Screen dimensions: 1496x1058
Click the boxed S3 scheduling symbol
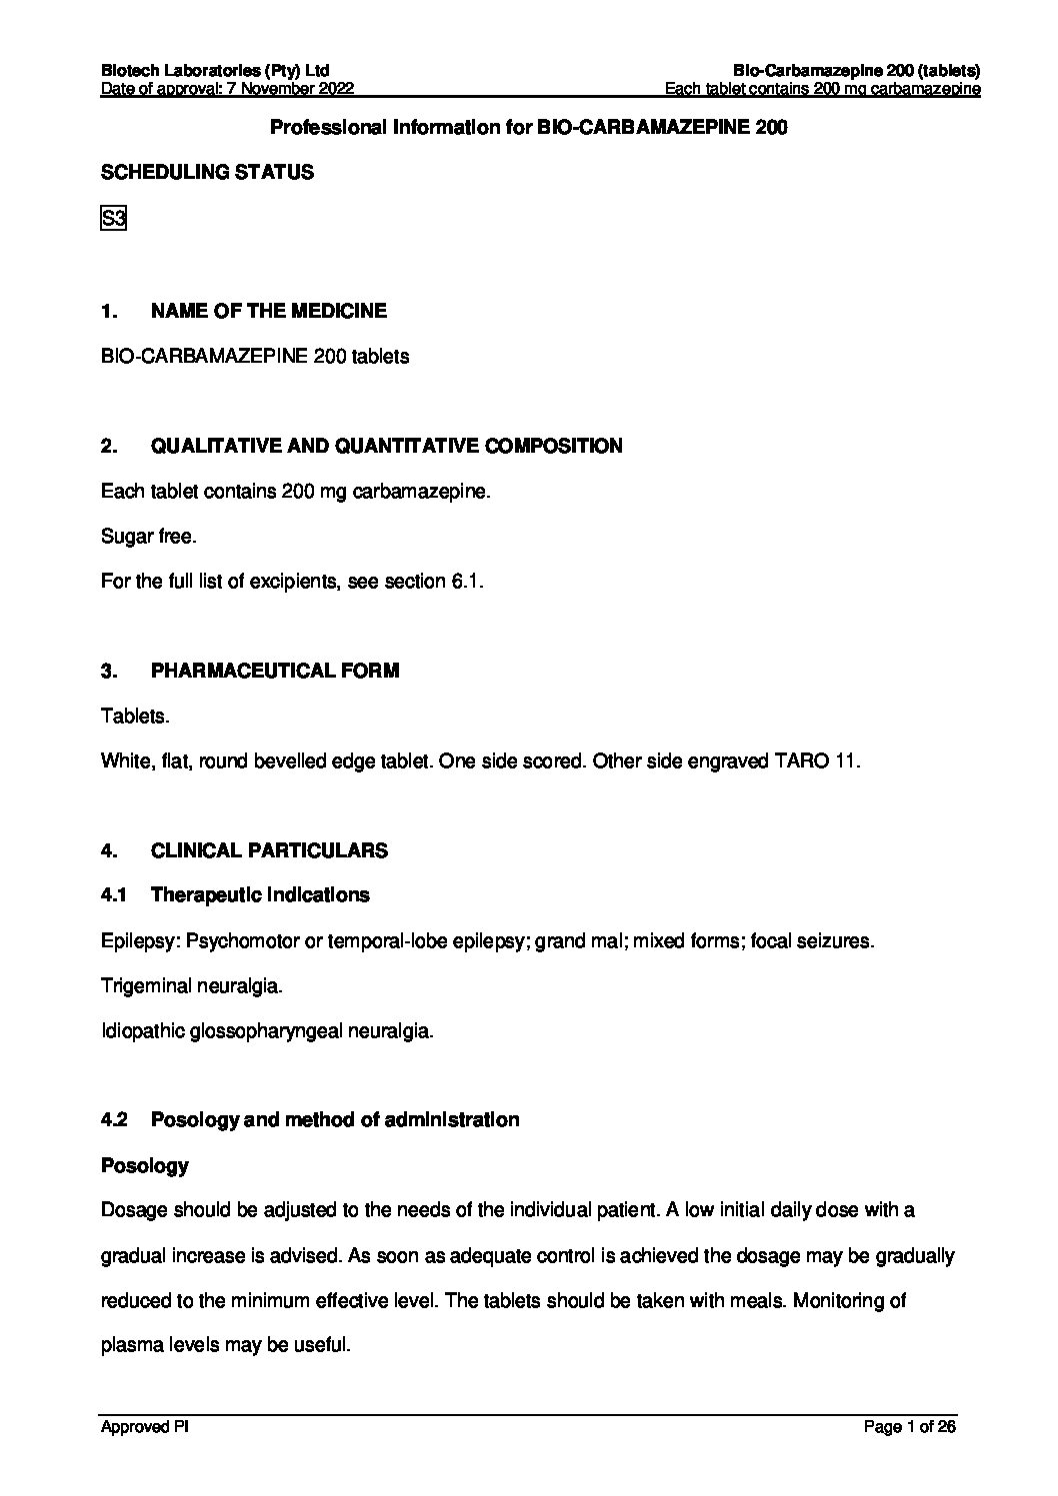click(113, 218)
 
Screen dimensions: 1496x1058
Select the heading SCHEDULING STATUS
click(207, 173)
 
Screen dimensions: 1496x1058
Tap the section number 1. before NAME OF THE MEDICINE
click(109, 311)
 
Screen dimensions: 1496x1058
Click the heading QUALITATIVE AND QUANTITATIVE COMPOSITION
click(386, 446)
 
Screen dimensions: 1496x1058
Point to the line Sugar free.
click(149, 537)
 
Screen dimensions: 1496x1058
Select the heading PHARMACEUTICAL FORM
click(274, 671)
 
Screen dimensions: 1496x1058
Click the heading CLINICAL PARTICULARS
click(269, 850)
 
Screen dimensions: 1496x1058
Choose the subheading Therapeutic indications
click(259, 895)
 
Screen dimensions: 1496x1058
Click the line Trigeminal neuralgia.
click(192, 986)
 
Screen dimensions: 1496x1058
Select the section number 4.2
click(114, 1120)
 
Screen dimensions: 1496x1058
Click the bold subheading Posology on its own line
click(145, 1166)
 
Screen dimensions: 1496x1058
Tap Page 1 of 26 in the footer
click(909, 1427)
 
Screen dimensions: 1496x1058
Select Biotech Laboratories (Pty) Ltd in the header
click(215, 71)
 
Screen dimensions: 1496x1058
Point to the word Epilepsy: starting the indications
click(141, 941)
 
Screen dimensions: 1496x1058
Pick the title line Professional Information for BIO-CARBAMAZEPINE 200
click(529, 128)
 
